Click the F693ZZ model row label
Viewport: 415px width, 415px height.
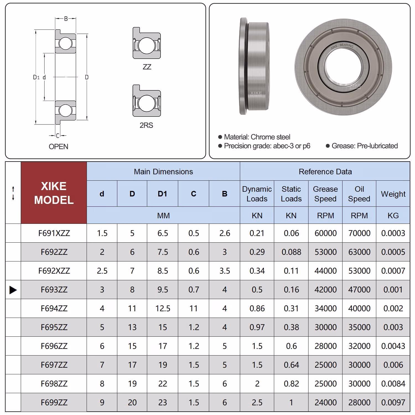[x=54, y=290]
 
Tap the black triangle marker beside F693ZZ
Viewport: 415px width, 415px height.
[x=13, y=290]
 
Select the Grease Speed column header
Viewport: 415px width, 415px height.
[x=325, y=194]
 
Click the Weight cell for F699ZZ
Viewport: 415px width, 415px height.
[x=393, y=403]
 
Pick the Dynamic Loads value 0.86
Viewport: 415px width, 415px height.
[x=257, y=308]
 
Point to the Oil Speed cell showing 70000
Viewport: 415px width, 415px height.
[x=359, y=233]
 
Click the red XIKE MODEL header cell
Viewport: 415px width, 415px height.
[x=54, y=193]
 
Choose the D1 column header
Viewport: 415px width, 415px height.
[x=162, y=194]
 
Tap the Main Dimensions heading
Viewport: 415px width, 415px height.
[x=163, y=172]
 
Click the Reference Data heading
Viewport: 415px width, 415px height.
[x=325, y=172]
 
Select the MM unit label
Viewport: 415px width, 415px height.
[x=163, y=216]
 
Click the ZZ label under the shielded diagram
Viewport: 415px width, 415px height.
[x=147, y=67]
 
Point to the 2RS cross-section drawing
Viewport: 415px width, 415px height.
[x=147, y=101]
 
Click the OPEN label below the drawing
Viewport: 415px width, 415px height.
[x=58, y=147]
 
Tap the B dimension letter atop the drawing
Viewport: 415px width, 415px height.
[x=66, y=19]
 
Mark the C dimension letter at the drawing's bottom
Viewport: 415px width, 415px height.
[x=58, y=136]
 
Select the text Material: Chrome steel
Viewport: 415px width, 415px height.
[x=257, y=137]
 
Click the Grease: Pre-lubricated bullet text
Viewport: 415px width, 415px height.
[x=364, y=146]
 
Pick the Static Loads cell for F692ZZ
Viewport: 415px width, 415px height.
[x=291, y=252]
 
